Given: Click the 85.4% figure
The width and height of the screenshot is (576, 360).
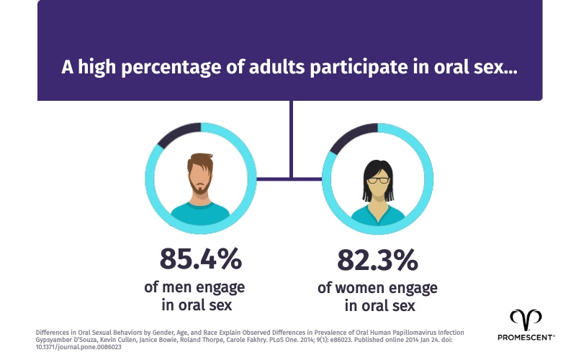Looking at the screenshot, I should click(x=200, y=258).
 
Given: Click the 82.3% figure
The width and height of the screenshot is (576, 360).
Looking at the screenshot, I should click(x=377, y=259).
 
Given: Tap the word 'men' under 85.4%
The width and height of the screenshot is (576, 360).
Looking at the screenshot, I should click(x=177, y=287).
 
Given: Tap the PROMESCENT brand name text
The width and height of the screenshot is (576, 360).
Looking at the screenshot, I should click(x=526, y=336).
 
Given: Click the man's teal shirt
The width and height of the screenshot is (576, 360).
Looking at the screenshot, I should click(x=200, y=212).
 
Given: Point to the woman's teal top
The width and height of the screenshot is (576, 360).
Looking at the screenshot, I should click(x=377, y=214).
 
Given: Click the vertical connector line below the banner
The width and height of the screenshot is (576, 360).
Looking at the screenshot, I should click(x=291, y=137).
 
